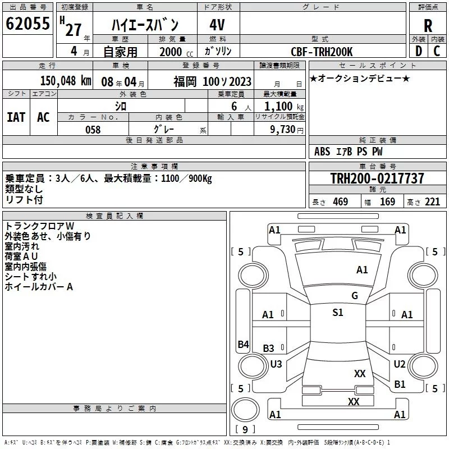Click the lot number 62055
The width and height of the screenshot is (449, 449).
point(28,24)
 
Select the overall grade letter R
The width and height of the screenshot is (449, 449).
point(428,26)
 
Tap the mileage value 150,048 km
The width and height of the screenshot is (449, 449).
point(66,81)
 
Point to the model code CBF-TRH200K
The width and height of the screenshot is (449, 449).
point(322,52)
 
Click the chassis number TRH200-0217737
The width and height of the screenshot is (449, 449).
point(377,178)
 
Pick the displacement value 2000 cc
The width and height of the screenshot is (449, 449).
point(176,52)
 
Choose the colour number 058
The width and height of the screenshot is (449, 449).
point(93,130)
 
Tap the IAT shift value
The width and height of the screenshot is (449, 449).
point(16,117)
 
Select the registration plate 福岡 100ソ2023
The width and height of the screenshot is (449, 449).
point(213,81)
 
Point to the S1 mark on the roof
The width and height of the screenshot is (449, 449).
point(338,312)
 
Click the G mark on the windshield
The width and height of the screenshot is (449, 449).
point(355,296)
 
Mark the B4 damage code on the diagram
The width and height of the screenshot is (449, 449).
point(244,344)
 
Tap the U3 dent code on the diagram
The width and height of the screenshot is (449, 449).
point(276,364)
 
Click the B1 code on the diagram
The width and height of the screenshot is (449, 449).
point(400,384)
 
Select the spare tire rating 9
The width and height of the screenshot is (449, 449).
point(245,429)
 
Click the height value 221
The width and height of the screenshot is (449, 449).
point(432,202)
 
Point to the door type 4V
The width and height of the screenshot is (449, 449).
point(217,25)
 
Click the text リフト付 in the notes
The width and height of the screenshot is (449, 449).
point(24,200)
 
